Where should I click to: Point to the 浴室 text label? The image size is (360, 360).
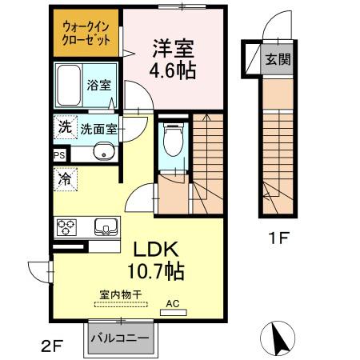100,82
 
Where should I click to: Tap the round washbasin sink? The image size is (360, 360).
101,153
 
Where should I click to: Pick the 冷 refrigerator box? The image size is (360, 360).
64,179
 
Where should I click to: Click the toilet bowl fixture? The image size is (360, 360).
170,142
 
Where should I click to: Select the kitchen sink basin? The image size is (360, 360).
104,226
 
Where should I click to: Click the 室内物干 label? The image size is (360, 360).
120,294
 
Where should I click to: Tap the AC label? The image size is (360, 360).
174,303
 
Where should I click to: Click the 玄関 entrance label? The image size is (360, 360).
278,58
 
